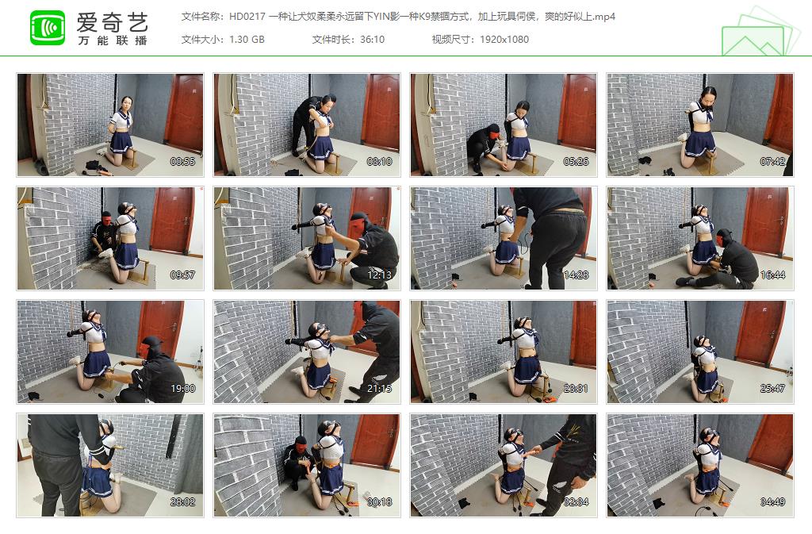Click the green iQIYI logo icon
[48, 28]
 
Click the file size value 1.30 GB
[247, 40]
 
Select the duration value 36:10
[370, 40]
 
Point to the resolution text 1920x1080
[504, 40]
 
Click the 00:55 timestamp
[183, 161]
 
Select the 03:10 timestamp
[380, 161]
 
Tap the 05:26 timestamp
[576, 161]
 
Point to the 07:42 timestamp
[773, 161]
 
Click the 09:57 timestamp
[183, 275]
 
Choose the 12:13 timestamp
[380, 275]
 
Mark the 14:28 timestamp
[576, 275]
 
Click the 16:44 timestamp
[773, 275]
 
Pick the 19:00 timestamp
[183, 388]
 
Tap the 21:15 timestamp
[380, 388]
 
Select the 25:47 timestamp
[773, 388]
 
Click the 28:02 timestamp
[183, 501]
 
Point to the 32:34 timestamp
[576, 501]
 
